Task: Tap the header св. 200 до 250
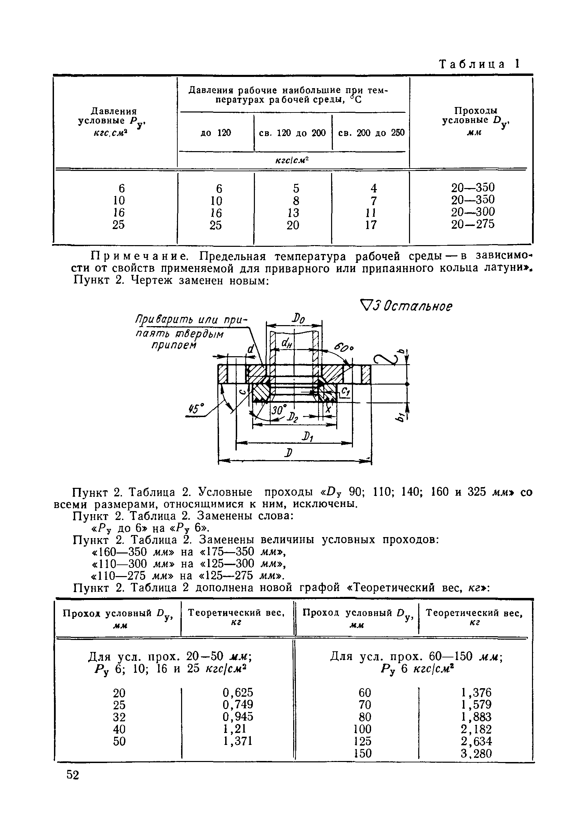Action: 371,133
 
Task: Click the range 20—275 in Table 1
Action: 473,225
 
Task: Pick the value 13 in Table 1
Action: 293,213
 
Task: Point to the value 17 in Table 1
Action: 371,225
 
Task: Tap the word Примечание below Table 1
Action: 139,257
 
